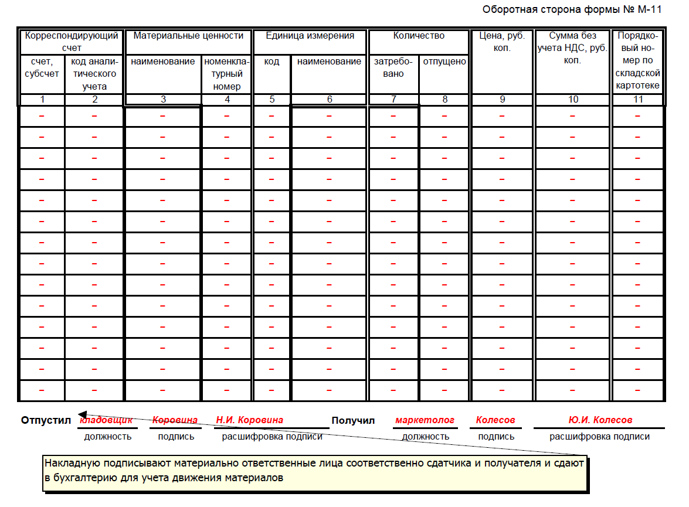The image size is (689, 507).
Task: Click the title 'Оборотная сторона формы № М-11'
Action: point(572,9)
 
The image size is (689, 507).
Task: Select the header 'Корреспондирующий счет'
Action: point(72,42)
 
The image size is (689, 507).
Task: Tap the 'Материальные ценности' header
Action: point(188,36)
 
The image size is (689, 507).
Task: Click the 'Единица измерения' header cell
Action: point(310,36)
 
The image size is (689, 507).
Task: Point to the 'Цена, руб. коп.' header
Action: point(502,42)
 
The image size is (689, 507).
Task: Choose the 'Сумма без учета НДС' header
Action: point(572,48)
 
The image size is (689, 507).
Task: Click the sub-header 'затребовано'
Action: point(393,67)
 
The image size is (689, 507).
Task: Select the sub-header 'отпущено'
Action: point(444,62)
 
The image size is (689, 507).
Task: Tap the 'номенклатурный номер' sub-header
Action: point(227,74)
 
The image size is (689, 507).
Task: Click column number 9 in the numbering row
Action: point(502,100)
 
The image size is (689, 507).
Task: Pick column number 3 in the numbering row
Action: point(163,100)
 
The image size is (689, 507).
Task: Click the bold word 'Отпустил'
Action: point(46,420)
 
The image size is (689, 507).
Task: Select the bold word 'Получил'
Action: point(353,420)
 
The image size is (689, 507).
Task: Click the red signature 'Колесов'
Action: point(495,420)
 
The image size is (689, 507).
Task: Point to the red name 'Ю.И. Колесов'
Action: point(600,420)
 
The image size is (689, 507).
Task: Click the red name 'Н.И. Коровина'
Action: point(249,420)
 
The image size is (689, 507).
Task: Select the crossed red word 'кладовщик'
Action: point(106,420)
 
